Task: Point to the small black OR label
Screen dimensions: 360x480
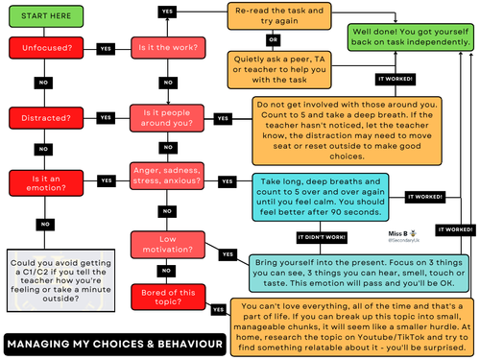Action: [x=274, y=40]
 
